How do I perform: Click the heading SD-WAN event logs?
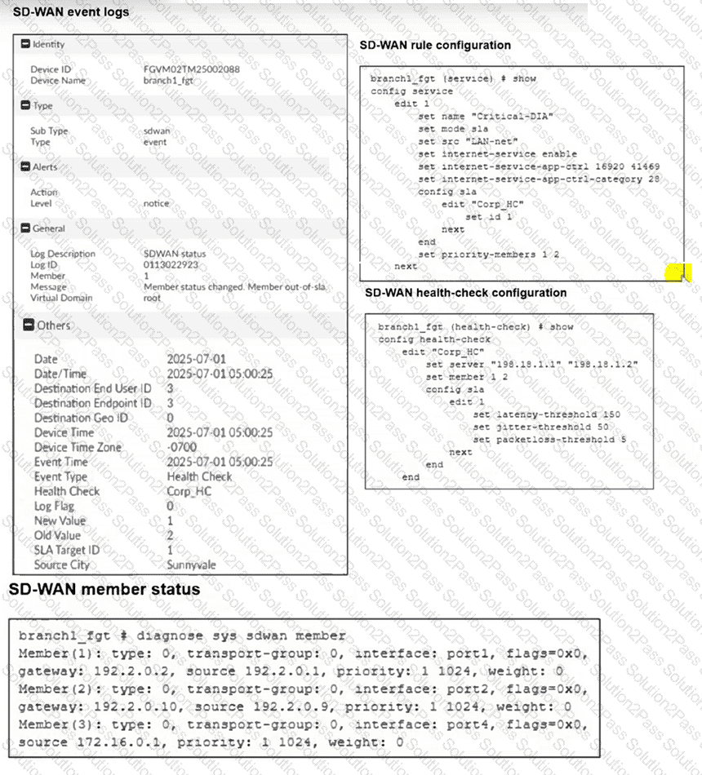tap(71, 13)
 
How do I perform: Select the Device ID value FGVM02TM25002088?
tap(191, 69)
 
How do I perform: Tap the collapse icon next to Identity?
tap(26, 44)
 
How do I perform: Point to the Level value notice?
tap(157, 203)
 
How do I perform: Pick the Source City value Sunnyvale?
tap(192, 565)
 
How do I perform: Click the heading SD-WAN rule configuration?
tap(435, 45)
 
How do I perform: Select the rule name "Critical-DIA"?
tap(513, 117)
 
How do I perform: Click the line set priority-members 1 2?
tap(488, 255)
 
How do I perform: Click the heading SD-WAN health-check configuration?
tap(465, 292)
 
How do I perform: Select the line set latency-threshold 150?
tap(546, 414)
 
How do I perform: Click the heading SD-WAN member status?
tap(104, 589)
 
